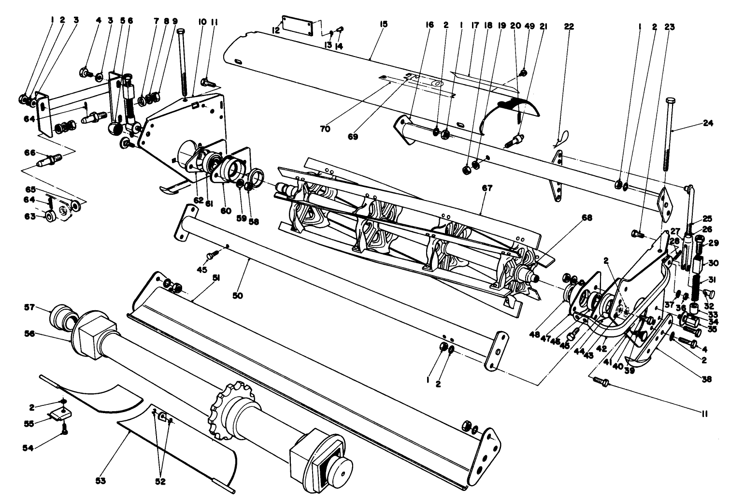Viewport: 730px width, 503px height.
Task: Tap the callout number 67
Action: pyautogui.click(x=487, y=188)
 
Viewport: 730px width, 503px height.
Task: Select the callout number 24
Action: pyautogui.click(x=708, y=123)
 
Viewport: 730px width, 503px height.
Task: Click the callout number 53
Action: pyautogui.click(x=100, y=481)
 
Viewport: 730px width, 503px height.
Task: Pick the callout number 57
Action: pyautogui.click(x=30, y=307)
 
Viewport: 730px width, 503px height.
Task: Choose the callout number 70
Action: pyautogui.click(x=325, y=129)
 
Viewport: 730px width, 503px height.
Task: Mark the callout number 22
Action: pyautogui.click(x=569, y=27)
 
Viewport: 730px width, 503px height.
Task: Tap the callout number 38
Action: pyautogui.click(x=706, y=380)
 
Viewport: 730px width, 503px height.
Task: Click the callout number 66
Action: pyautogui.click(x=30, y=153)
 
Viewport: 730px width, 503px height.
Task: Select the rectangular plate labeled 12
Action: pyautogui.click(x=298, y=23)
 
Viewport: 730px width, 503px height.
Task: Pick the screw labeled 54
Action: pyautogui.click(x=64, y=431)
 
